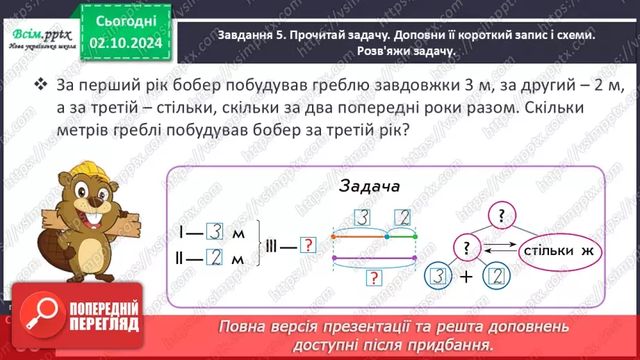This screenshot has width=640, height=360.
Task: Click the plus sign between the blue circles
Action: coord(468,277)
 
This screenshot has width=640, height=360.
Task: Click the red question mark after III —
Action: coord(306,245)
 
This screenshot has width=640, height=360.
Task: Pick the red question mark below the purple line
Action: coord(375,277)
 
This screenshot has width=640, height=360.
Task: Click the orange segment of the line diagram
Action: coord(360,236)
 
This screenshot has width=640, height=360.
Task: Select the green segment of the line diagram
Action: coord(401,236)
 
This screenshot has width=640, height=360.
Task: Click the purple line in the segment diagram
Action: coord(374,258)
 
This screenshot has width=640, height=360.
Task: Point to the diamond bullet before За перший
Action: coord(41,85)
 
